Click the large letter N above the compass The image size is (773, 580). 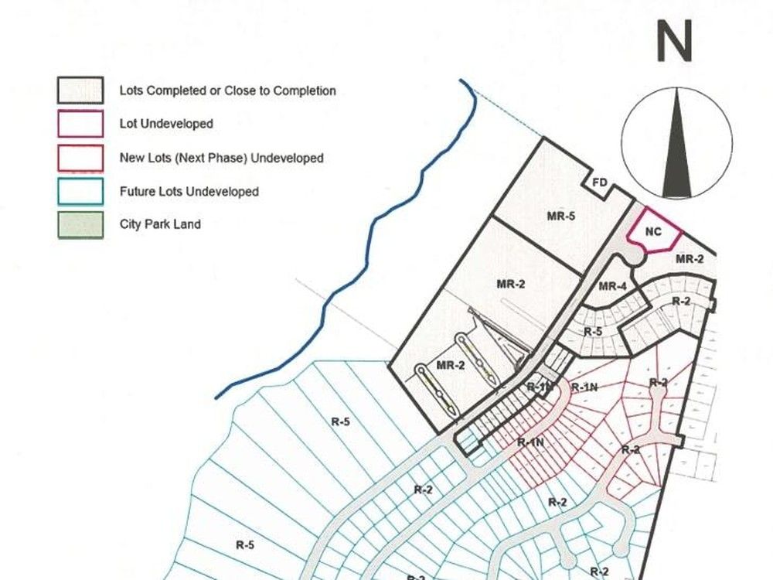[x=673, y=43]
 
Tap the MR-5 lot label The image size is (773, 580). [x=561, y=217]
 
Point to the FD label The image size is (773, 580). [x=600, y=184]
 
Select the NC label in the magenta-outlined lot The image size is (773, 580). [x=652, y=231]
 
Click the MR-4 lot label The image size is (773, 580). [x=612, y=287]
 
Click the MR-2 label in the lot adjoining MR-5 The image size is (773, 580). [x=511, y=284]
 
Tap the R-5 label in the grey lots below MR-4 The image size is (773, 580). [x=593, y=332]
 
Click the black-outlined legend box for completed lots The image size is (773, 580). [x=80, y=90]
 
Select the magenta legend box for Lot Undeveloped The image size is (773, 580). [x=80, y=124]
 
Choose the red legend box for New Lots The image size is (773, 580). [x=80, y=157]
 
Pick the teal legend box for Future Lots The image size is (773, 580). [x=80, y=191]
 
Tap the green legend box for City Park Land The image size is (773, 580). [x=80, y=225]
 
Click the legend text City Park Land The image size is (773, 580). [x=160, y=224]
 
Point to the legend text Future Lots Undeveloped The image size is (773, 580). [x=189, y=191]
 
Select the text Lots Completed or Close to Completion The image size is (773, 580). [x=227, y=90]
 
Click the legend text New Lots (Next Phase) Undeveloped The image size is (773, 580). [x=221, y=158]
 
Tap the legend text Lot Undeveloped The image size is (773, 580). [x=166, y=124]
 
